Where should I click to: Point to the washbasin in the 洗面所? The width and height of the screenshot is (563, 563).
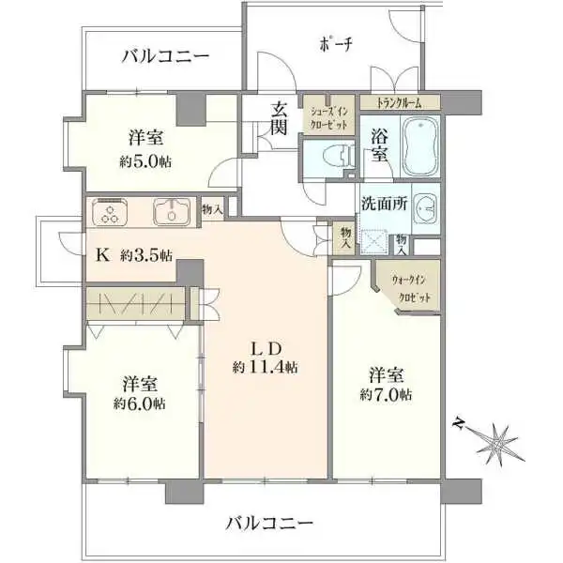(x=426, y=208)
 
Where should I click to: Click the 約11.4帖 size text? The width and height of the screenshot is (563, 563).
(x=266, y=367)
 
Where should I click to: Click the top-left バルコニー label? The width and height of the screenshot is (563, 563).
(x=165, y=56)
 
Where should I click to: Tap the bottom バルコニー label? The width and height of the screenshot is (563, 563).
(x=270, y=522)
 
